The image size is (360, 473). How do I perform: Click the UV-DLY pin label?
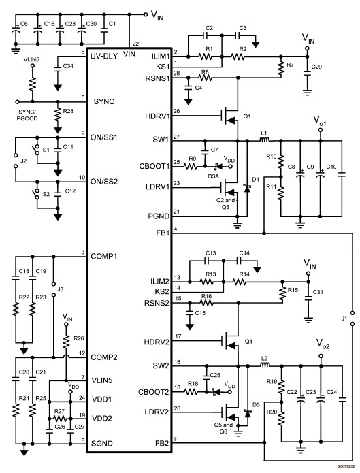pos(104,56)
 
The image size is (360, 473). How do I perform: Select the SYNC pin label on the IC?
pos(104,101)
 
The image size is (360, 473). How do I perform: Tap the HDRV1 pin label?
pos(157,116)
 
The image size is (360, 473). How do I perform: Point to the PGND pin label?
pos(159,216)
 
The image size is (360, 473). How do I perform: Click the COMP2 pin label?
pos(104,357)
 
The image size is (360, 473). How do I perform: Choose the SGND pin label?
pos(102,444)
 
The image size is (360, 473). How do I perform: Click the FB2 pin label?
pos(162,444)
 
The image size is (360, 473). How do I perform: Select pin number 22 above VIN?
pos(135,44)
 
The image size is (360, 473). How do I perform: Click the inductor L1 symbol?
pos(265,140)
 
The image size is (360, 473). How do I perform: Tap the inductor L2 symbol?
pos(265,365)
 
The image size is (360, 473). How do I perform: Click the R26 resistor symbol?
pos(66,342)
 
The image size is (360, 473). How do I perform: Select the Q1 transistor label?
pos(247,116)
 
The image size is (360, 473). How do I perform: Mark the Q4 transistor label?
pos(248,342)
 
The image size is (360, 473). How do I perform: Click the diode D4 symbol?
pos(248,188)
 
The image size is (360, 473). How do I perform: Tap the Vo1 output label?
pos(320,120)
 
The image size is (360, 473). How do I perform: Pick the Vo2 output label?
pos(323,344)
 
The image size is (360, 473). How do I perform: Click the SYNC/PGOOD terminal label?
pos(27,115)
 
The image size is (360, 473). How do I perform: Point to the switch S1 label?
pos(46,150)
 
